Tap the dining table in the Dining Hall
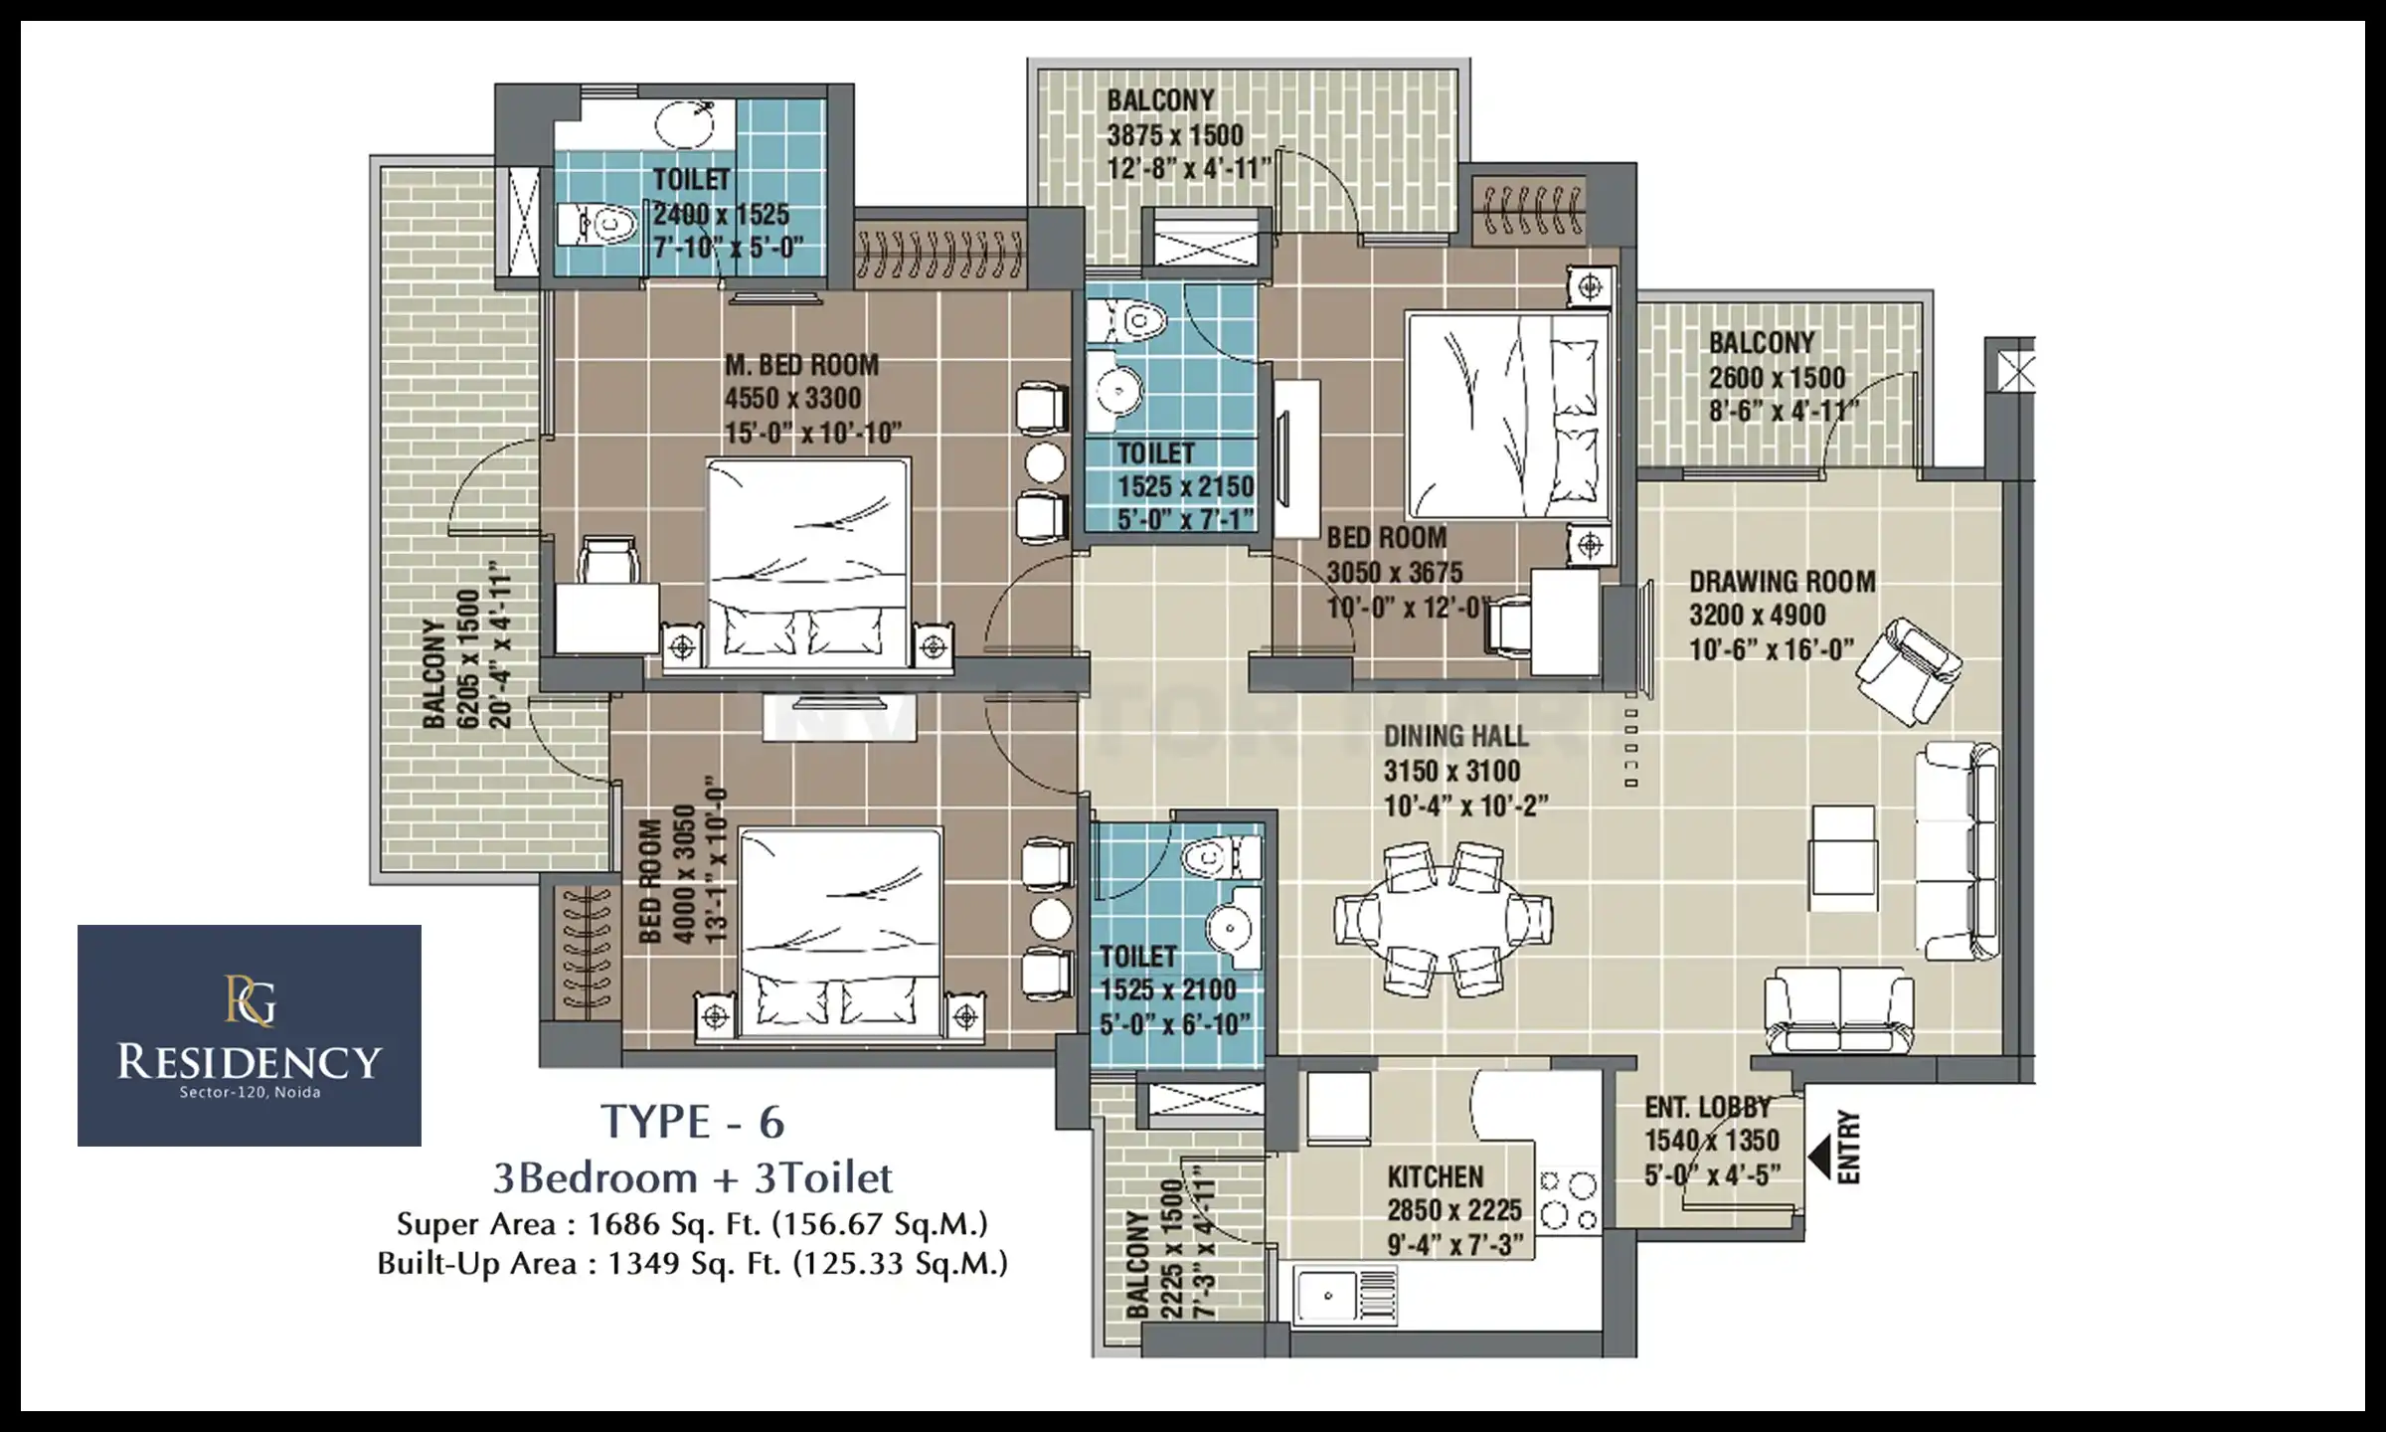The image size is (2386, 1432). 1443,920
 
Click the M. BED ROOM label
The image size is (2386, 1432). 801,365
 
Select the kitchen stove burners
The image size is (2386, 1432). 1569,1200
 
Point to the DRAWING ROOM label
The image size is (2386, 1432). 1783,581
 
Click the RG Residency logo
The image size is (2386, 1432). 250,1035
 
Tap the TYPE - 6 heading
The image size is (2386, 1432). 693,1122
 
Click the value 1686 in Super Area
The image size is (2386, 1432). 615,1223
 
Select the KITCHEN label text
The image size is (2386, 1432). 1436,1176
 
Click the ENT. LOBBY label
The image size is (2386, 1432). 1708,1107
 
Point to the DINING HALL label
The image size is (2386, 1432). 1455,736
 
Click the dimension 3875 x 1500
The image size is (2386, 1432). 1175,135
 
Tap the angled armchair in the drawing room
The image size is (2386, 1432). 1909,670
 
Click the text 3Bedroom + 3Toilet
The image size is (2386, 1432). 693,1177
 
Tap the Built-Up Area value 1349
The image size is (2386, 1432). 636,1263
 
